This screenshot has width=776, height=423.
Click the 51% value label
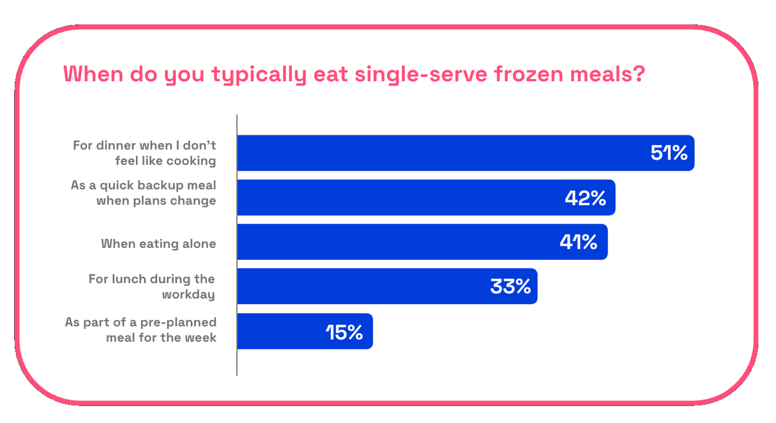[668, 153]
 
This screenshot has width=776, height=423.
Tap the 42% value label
[585, 198]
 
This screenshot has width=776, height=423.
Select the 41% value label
[578, 242]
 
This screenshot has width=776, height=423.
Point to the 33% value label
[510, 287]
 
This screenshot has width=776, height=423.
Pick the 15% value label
[344, 332]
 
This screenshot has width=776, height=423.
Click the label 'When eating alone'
[158, 244]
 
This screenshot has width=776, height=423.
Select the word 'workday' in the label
[188, 294]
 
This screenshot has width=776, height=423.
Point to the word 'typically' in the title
[258, 75]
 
